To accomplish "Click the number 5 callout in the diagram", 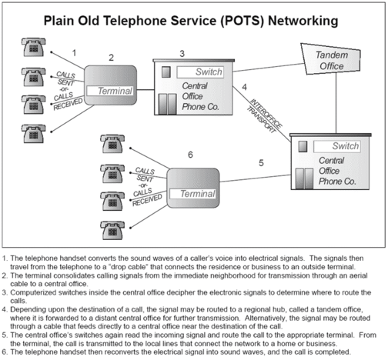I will pyautogui.click(x=261, y=163).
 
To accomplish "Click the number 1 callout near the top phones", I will pyautogui.click(x=74, y=52).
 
